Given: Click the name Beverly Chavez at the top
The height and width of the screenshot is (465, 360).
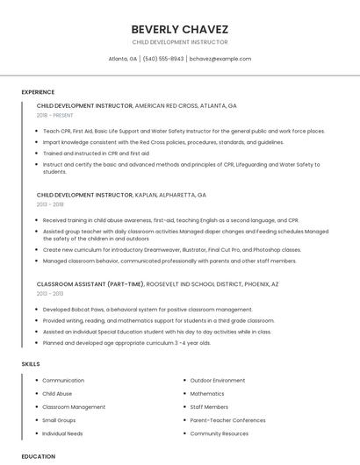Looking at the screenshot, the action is tap(179, 28).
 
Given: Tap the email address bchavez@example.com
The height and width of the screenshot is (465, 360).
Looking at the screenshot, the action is tap(220, 59).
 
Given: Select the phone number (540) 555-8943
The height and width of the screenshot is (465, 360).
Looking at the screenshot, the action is tap(163, 59).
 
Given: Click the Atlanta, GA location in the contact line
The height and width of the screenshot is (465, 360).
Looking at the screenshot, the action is tap(122, 59).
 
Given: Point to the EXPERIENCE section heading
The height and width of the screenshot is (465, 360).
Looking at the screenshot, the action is tap(38, 92).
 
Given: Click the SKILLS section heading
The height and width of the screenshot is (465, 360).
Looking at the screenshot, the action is tap(31, 363).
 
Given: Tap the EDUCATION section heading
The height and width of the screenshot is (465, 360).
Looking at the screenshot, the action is tap(39, 456).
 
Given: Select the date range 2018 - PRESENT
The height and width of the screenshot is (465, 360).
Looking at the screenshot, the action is tap(54, 115).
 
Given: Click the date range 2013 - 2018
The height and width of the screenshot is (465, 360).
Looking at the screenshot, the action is tap(50, 204).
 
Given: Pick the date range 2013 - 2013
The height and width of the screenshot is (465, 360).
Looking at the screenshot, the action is tap(50, 294).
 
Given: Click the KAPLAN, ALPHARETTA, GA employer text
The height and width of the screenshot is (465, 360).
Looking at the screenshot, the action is tap(170, 195).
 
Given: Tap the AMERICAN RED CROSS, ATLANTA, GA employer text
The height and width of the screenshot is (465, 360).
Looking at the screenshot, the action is tap(185, 105).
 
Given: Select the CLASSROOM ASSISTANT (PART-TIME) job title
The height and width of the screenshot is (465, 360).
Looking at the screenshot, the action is tap(84, 284).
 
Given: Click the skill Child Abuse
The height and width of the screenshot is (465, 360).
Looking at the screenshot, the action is tap(58, 394).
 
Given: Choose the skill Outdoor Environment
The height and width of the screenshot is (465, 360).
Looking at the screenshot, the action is tap(218, 381).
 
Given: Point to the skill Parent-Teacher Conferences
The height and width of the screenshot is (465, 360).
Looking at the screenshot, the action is tap(227, 420).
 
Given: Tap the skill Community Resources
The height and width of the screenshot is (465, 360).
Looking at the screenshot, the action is tap(219, 433).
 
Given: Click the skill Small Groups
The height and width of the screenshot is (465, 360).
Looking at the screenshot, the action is tap(59, 420).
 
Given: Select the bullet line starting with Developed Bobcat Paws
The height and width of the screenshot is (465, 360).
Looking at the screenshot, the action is tap(148, 310).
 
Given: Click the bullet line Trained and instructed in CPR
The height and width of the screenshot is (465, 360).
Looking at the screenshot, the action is tap(96, 153).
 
